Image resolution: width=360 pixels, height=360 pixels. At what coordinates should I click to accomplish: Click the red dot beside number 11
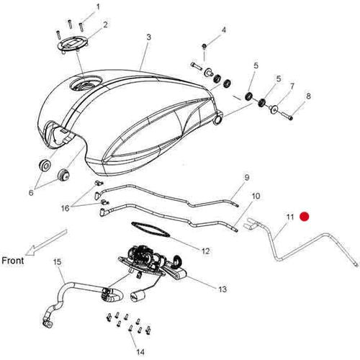[x=305, y=217]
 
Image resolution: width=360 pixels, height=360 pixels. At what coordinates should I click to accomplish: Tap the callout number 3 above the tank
[x=149, y=37]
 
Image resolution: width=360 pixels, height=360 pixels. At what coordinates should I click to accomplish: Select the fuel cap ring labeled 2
[x=73, y=46]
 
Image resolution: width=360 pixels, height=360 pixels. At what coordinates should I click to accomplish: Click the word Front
[x=13, y=261]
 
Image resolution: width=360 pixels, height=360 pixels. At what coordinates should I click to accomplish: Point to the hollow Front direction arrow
[x=46, y=242]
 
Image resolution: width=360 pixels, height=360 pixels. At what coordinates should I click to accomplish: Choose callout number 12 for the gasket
[x=206, y=251]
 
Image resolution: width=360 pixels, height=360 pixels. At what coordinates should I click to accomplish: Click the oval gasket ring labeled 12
[x=150, y=229]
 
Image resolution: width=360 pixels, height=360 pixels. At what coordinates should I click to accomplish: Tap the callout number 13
[x=222, y=289]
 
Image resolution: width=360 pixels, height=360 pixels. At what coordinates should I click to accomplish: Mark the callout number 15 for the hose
[x=58, y=262]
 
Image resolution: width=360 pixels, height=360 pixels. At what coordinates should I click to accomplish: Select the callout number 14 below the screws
[x=140, y=352]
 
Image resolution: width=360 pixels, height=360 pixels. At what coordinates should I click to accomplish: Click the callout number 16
[x=65, y=208]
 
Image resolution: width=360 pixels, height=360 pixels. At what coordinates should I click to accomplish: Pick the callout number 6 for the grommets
[x=31, y=192]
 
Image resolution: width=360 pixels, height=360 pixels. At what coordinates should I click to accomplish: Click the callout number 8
[x=308, y=96]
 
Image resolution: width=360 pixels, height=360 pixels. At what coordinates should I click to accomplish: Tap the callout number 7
[x=292, y=86]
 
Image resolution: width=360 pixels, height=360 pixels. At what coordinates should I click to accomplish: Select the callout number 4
[x=224, y=30]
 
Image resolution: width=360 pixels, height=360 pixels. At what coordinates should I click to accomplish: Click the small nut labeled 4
[x=204, y=45]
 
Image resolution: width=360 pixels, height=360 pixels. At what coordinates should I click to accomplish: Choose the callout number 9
[x=247, y=177]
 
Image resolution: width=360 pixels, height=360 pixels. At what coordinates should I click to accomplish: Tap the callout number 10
[x=256, y=196]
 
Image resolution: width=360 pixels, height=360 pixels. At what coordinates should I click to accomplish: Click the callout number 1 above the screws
[x=98, y=7]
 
